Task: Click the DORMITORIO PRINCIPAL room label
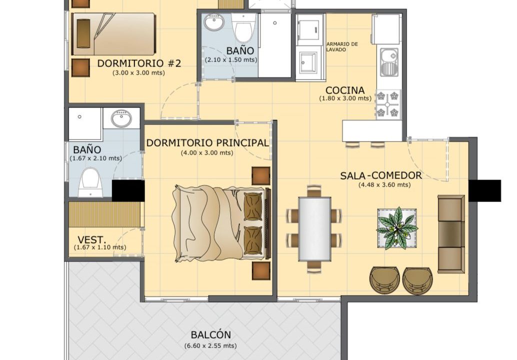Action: [x=207, y=142]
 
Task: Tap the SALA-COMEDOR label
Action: [x=381, y=175]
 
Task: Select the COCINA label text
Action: [x=345, y=90]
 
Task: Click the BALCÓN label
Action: [x=211, y=335]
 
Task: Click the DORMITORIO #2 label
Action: [x=139, y=63]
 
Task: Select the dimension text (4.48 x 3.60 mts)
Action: [x=384, y=185]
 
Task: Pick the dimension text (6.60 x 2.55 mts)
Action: [x=210, y=346]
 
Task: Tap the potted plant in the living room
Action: [x=397, y=228]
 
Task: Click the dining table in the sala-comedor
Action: [x=315, y=229]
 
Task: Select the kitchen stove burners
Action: [x=388, y=104]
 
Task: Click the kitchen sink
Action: [x=389, y=62]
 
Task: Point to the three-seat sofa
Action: [x=451, y=234]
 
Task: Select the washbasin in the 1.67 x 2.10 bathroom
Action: [x=121, y=118]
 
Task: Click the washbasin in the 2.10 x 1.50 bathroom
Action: [x=214, y=22]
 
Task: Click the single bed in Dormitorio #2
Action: [x=114, y=34]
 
